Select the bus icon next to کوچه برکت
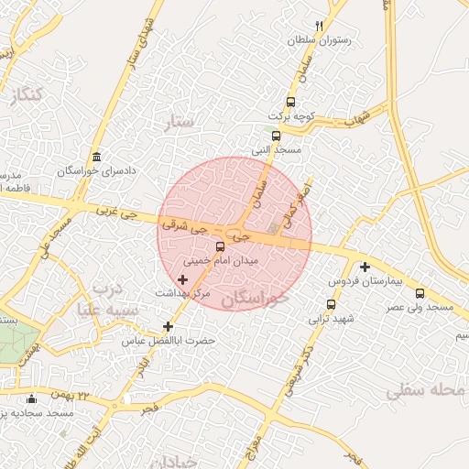point(290,102)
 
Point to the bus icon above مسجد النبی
point(276,136)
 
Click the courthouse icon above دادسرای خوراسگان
point(97,156)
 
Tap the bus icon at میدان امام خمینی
point(219,246)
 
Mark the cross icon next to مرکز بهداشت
point(182,278)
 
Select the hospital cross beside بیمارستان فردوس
point(365,267)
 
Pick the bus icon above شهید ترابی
point(331,304)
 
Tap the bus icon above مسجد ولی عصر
point(420,293)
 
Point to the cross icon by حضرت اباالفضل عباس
point(167,326)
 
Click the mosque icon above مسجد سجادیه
point(32,398)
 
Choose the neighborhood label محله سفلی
point(426,391)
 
